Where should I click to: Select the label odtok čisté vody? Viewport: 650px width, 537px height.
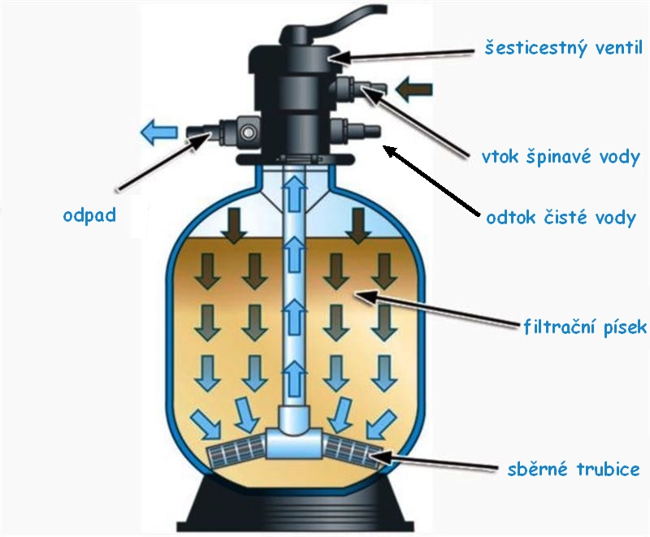tap(560, 218)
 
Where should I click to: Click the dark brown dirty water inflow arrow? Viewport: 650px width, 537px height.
tap(416, 89)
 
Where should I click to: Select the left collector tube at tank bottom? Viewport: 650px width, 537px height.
tap(236, 452)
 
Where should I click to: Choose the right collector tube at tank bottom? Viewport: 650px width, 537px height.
tap(354, 451)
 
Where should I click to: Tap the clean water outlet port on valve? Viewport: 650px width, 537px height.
tap(358, 130)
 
